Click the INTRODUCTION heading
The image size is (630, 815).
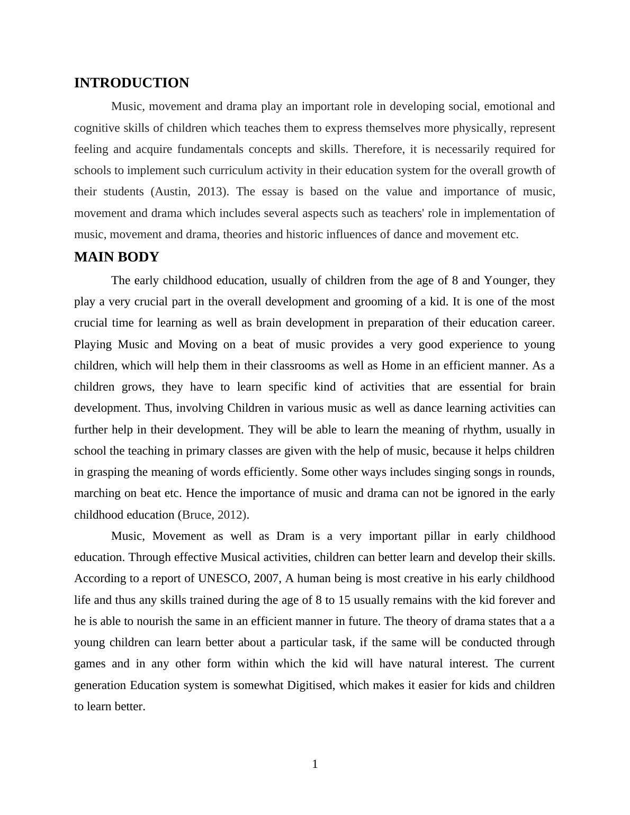pyautogui.click(x=131, y=83)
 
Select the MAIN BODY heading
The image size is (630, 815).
pyautogui.click(x=116, y=257)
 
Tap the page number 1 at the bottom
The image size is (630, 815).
pyautogui.click(x=315, y=764)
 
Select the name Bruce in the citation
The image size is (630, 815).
pyautogui.click(x=196, y=515)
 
